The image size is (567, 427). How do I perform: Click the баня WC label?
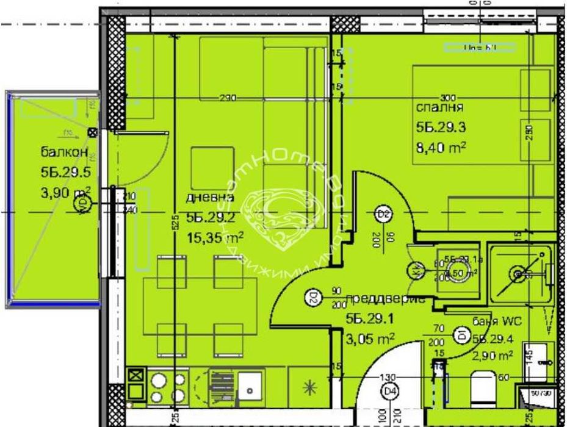coord(492,320)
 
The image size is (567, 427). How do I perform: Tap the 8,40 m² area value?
coord(441,147)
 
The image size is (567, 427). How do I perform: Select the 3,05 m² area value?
coord(370,337)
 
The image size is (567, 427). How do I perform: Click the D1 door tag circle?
coord(461,333)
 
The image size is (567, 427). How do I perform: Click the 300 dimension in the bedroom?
coord(448,98)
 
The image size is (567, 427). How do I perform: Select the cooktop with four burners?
coord(166,387)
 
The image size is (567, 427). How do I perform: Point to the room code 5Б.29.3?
coord(441,127)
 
